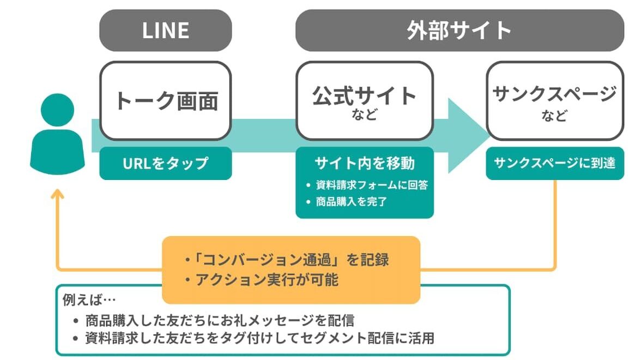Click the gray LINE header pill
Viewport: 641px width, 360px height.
pos(165,31)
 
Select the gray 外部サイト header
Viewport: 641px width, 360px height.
pos(459,31)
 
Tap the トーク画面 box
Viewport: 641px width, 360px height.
pos(165,100)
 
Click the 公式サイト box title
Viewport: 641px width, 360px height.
pos(364,95)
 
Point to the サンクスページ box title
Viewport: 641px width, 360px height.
pos(554,94)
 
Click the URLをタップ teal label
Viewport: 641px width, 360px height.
pos(165,163)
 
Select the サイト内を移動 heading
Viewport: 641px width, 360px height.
pos(364,163)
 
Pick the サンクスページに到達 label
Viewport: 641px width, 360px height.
pos(554,163)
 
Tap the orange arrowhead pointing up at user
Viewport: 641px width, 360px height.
pos(57,193)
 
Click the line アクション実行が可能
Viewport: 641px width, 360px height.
pos(262,280)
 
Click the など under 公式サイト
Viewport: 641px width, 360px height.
pos(364,116)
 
